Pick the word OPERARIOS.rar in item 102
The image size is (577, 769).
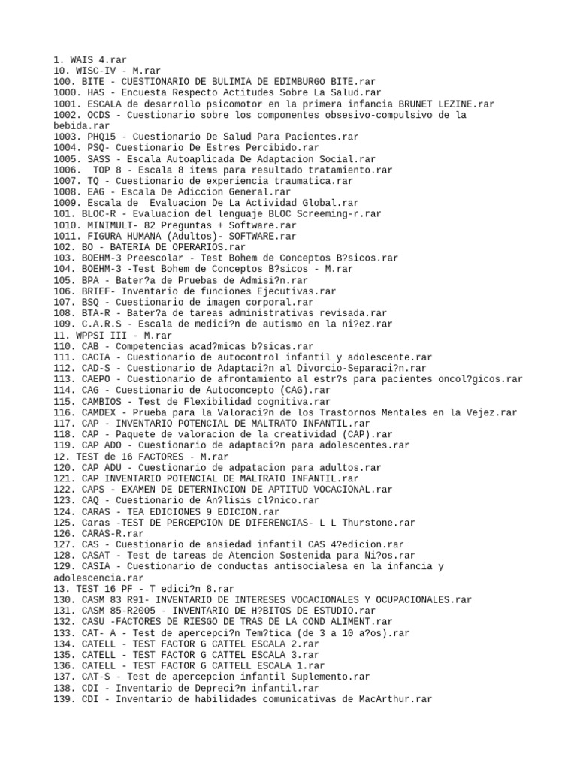click(208, 246)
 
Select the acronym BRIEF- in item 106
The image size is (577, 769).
click(95, 291)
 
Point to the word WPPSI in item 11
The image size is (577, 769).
click(89, 335)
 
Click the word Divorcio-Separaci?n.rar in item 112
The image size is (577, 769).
click(363, 368)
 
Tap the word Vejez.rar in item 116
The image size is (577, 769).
click(490, 412)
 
